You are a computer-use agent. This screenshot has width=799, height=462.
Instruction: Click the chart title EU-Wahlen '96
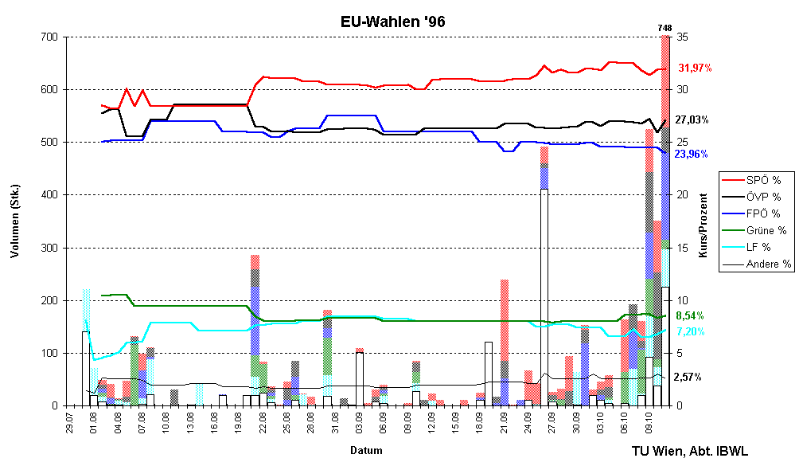(388, 22)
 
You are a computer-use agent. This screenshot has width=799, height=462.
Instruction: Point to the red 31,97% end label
(694, 69)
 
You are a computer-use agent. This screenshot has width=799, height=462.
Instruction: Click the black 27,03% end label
(692, 120)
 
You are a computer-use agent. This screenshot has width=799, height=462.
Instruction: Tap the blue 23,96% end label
(691, 154)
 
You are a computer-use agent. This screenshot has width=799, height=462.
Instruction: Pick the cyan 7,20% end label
(689, 331)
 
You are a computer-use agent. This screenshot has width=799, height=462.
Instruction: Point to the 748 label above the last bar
(665, 29)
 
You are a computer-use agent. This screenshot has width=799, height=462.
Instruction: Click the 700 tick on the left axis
(49, 37)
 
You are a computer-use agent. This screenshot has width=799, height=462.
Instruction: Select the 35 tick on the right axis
(682, 37)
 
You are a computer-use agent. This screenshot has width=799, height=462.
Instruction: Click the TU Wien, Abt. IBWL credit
(689, 450)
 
